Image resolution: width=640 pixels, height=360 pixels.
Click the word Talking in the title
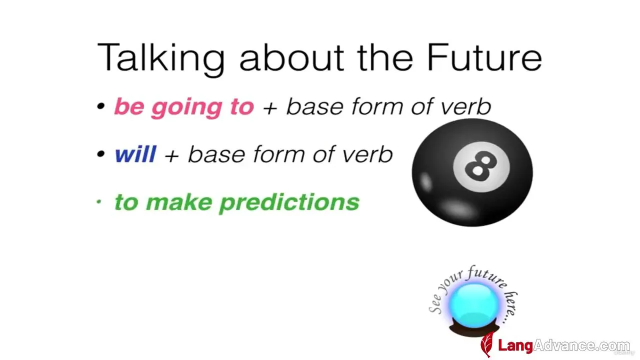coord(161,58)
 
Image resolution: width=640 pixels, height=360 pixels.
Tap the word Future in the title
coord(484,57)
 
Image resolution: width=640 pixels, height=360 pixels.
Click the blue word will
coord(135,154)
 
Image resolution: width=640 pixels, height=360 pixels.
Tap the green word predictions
coord(289,203)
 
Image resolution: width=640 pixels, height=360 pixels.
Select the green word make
coord(179,202)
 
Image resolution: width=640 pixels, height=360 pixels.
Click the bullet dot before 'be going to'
coord(100,106)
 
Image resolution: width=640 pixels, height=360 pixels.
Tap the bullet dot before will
coord(100,154)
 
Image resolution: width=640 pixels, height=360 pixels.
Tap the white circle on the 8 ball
coord(481,167)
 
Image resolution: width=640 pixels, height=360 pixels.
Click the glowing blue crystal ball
coord(474,305)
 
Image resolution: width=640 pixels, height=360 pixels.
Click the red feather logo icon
coord(487,344)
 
